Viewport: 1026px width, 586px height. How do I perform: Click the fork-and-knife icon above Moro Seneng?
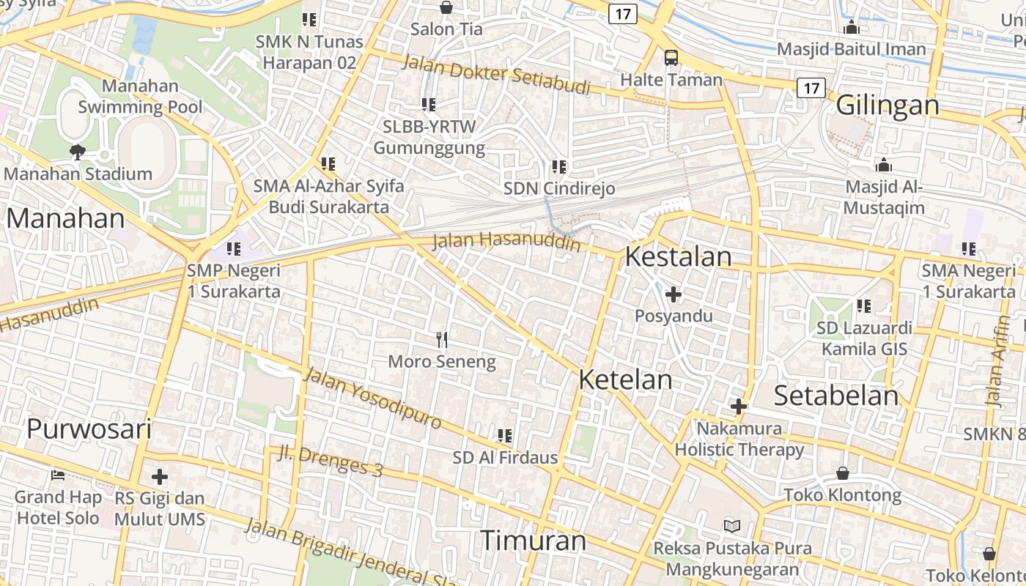pyautogui.click(x=441, y=339)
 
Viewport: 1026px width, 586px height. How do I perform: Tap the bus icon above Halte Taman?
pyautogui.click(x=671, y=57)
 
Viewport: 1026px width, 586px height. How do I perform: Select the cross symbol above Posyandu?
pyautogui.click(x=673, y=294)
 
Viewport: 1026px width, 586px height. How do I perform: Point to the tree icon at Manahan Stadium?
pyautogui.click(x=77, y=152)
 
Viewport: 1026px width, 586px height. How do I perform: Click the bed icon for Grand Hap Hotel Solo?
pyautogui.click(x=58, y=475)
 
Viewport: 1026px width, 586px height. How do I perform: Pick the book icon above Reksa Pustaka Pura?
pyautogui.click(x=731, y=526)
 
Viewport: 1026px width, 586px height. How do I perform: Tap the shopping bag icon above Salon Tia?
pyautogui.click(x=446, y=8)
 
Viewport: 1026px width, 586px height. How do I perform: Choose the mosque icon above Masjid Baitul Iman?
pyautogui.click(x=851, y=28)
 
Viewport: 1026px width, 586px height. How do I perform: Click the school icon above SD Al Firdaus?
pyautogui.click(x=504, y=436)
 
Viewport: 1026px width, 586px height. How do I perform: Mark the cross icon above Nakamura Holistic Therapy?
pyautogui.click(x=739, y=406)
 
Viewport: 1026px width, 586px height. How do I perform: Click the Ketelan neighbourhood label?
pyautogui.click(x=625, y=379)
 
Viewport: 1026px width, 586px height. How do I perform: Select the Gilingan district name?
pyautogui.click(x=887, y=105)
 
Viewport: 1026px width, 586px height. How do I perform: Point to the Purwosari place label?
pyautogui.click(x=89, y=429)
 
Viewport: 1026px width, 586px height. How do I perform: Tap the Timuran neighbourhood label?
pyautogui.click(x=533, y=541)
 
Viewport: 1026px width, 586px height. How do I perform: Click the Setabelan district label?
pyautogui.click(x=836, y=396)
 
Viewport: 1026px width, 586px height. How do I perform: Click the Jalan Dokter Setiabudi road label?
pyautogui.click(x=496, y=74)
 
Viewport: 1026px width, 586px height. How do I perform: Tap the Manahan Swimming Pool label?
pyautogui.click(x=140, y=96)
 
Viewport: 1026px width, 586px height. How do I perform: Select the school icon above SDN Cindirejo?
pyautogui.click(x=559, y=167)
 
